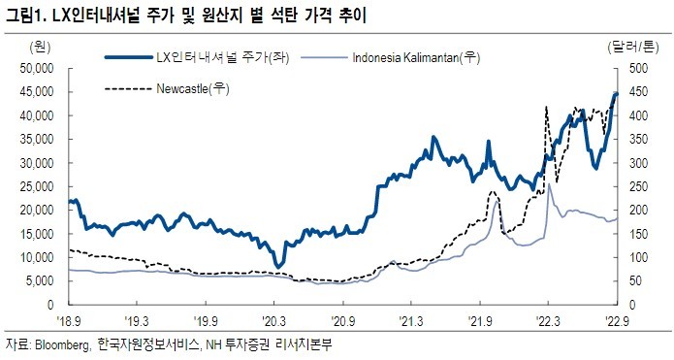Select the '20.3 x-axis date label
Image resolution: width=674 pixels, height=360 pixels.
click(273, 319)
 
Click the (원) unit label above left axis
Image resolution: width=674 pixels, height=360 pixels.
click(41, 46)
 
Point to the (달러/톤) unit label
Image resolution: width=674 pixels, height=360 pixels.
click(635, 46)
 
